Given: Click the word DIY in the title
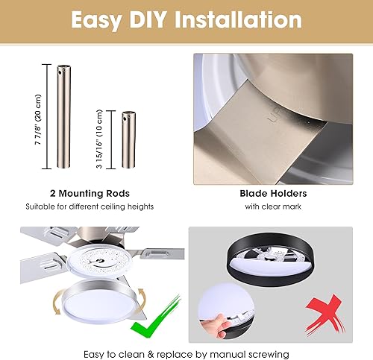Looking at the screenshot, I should click(151, 20).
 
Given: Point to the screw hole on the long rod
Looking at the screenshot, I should click(61, 73).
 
